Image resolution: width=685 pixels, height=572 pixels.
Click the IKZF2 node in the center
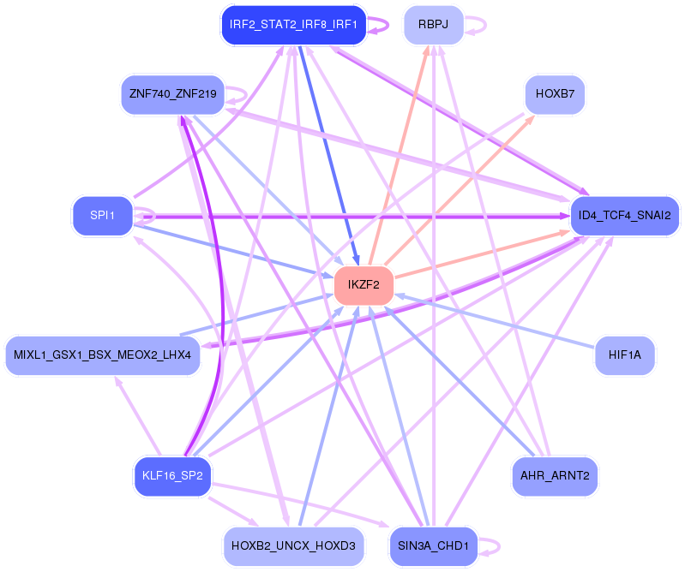(364, 285)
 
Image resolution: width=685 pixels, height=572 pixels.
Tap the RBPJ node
(433, 25)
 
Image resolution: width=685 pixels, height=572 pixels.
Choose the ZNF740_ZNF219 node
(172, 93)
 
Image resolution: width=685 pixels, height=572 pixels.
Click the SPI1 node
(102, 215)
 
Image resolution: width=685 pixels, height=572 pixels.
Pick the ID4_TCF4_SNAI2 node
(625, 215)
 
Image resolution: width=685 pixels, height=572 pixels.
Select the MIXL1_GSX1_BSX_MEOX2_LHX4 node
(103, 355)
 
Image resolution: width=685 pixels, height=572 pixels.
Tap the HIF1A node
(625, 354)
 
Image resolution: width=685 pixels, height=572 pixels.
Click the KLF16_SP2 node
(172, 476)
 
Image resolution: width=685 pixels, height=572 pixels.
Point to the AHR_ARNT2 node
(554, 476)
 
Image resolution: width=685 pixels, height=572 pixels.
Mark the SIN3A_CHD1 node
(433, 545)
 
